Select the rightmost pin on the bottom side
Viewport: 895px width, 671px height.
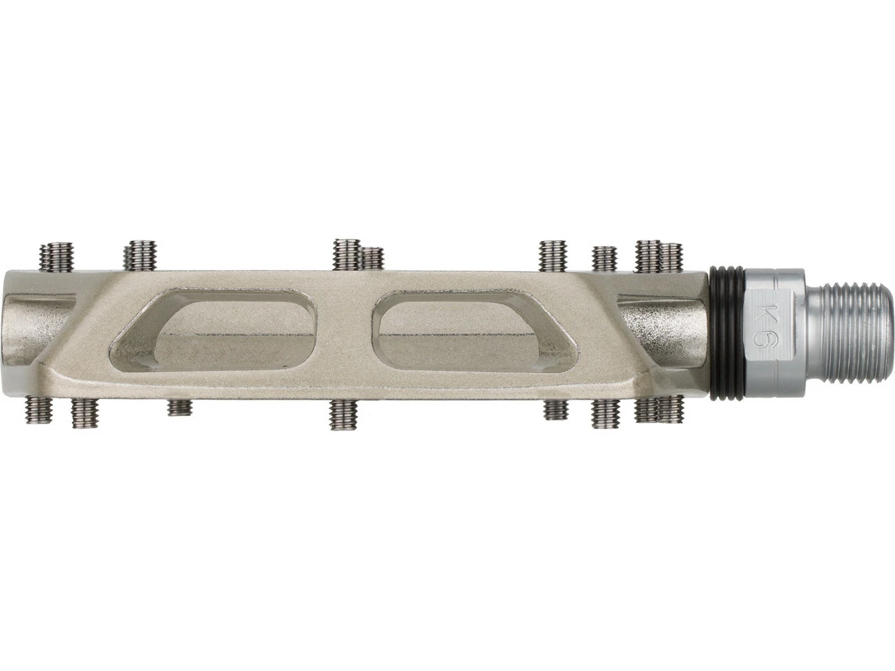coord(671,409)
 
